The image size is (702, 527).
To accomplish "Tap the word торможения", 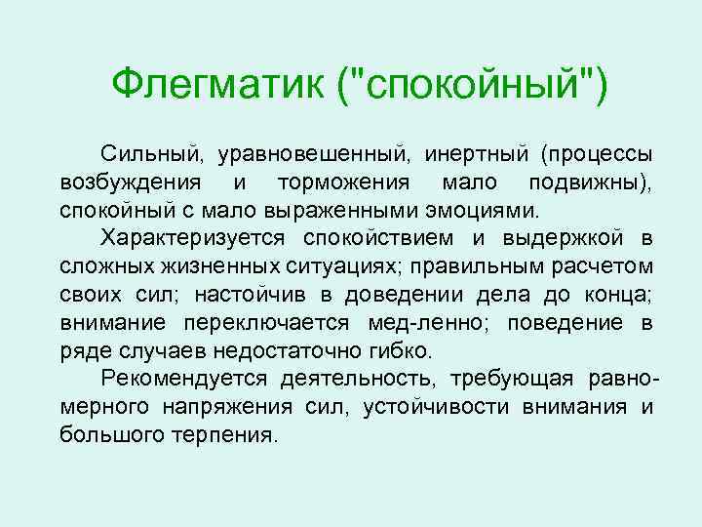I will click(348, 182).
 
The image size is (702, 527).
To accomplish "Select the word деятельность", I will click(358, 379).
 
